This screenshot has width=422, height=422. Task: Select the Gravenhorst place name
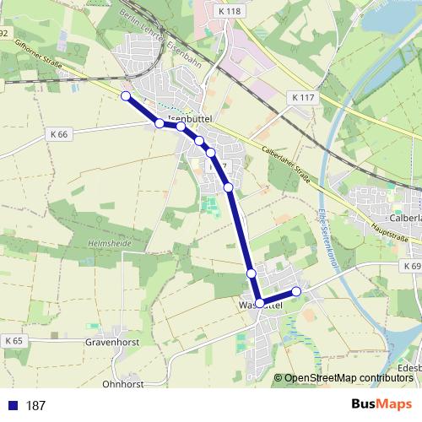[111, 344]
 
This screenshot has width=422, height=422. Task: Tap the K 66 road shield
[59, 134]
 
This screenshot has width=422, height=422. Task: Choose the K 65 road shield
[13, 340]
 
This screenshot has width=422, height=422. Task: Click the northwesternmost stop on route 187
[126, 96]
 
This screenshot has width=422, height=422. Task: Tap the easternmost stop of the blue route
[296, 292]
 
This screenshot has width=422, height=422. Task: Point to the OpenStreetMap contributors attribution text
[348, 378]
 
